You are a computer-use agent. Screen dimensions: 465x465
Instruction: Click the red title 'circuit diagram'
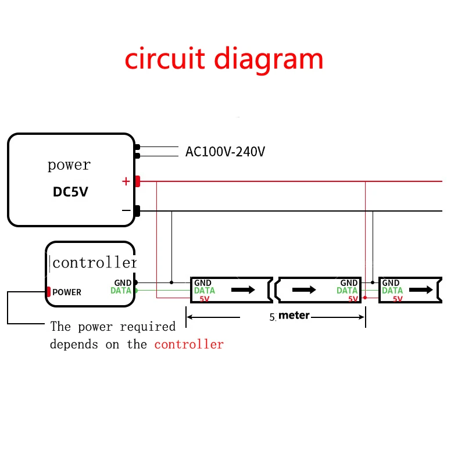point(224,59)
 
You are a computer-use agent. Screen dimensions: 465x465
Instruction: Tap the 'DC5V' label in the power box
point(70,192)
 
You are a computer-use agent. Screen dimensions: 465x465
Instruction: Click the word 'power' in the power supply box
point(69,165)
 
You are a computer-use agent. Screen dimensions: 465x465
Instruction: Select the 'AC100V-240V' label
point(225,152)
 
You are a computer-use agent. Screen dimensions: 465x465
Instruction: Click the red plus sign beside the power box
point(126,181)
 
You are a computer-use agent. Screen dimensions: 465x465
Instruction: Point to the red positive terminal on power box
point(138,181)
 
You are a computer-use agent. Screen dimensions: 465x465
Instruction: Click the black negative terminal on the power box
point(138,211)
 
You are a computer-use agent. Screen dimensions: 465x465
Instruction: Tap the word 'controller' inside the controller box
point(95,263)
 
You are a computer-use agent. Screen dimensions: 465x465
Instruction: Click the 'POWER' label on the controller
point(67,292)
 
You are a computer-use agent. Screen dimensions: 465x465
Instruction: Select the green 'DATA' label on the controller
point(121,290)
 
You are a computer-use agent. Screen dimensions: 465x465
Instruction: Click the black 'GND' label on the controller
point(123,282)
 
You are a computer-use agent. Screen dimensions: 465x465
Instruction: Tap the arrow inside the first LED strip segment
point(243,289)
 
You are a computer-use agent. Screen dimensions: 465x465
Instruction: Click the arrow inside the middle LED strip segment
point(303,289)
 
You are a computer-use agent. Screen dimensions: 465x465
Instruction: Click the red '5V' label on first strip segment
point(204,299)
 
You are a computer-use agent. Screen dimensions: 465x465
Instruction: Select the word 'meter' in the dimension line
point(294,316)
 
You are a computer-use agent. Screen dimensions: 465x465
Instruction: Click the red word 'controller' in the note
point(189,344)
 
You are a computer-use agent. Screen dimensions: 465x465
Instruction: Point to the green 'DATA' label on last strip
point(392,291)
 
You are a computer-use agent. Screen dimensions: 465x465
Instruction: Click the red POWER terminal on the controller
point(49,292)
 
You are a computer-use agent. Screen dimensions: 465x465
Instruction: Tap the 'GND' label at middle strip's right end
point(349,282)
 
